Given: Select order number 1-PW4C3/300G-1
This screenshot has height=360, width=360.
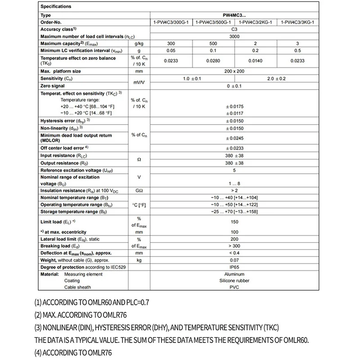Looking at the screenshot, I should point(171,22).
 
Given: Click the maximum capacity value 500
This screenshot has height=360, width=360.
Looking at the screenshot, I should point(213,43).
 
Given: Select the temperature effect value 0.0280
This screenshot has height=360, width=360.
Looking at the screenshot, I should point(213,60).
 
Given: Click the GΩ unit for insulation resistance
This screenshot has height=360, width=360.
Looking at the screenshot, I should point(139,191).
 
